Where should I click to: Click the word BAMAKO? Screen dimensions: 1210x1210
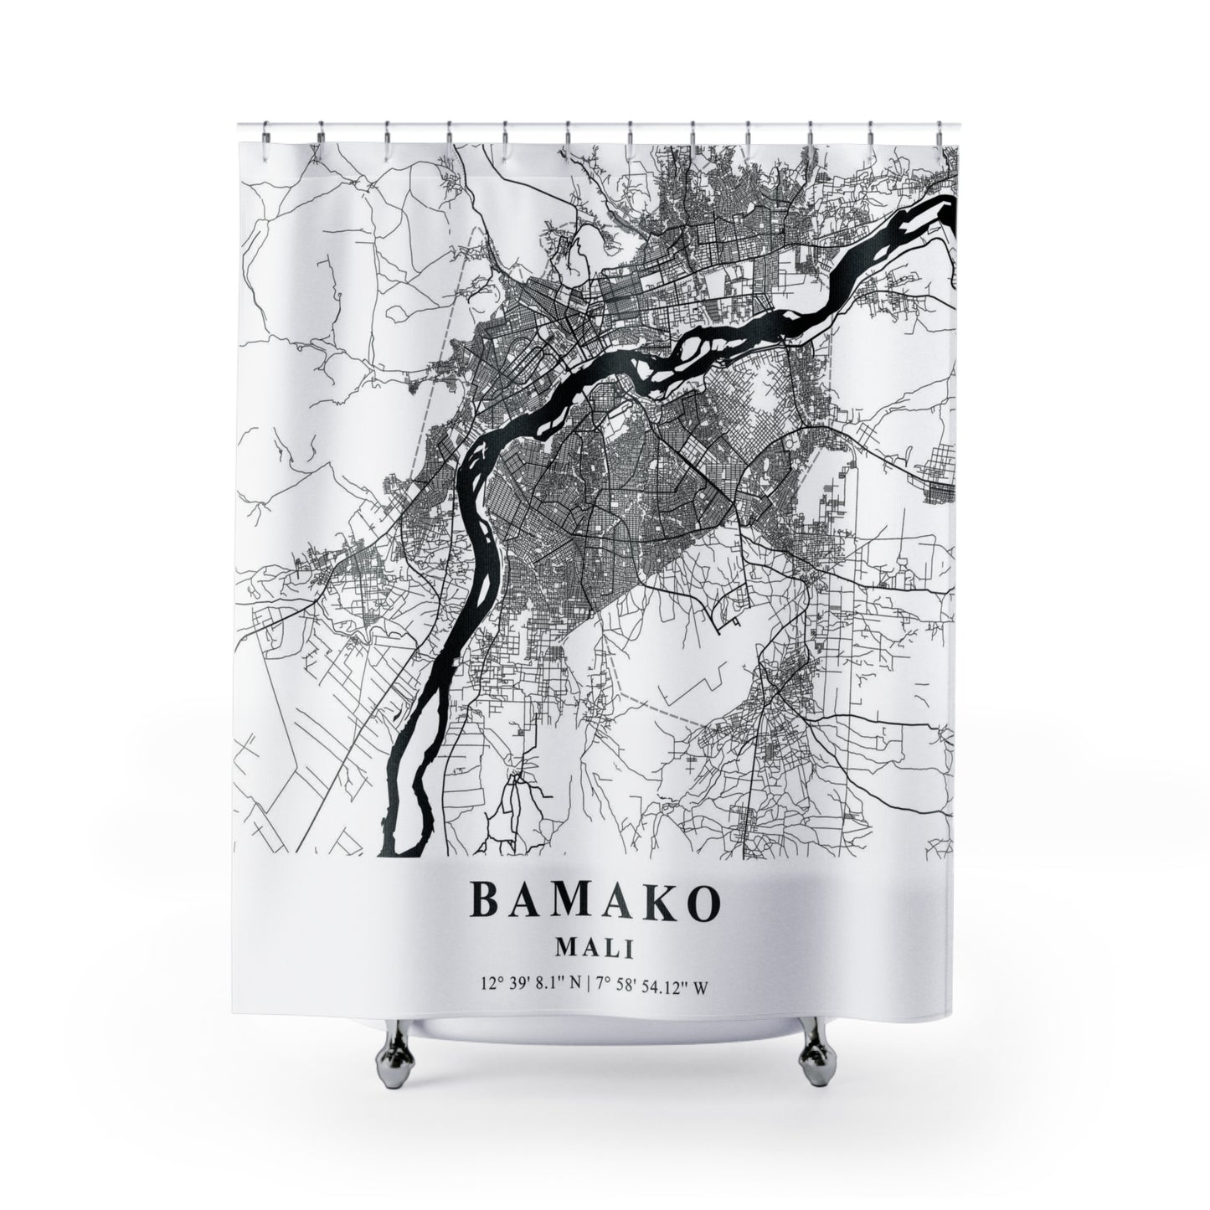pyautogui.click(x=595, y=902)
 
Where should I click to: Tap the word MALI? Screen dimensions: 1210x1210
pyautogui.click(x=595, y=949)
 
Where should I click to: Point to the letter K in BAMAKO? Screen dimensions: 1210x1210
pyautogui.click(x=646, y=902)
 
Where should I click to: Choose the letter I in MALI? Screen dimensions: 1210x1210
pyautogui.click(x=630, y=949)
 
